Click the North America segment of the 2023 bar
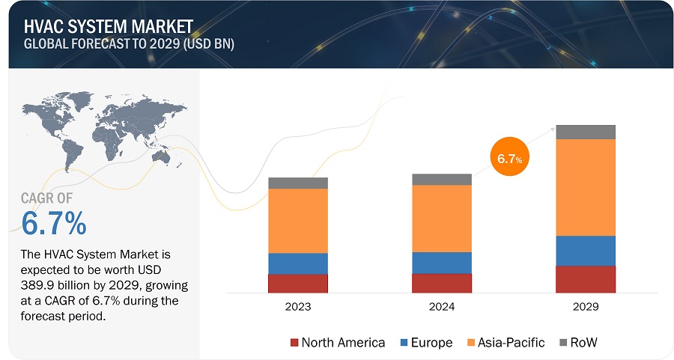[x=297, y=283]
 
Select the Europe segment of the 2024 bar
[x=441, y=263]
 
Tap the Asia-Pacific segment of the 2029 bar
[x=585, y=187]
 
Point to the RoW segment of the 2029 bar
[x=585, y=132]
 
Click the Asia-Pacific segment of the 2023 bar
[x=297, y=221]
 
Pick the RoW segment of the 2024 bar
[x=441, y=179]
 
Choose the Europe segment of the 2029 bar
[x=585, y=251]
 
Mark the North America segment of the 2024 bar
[x=441, y=283]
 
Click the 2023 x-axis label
[x=297, y=307]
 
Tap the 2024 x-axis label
[x=441, y=307]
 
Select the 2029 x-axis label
[x=585, y=307]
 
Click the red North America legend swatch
[x=294, y=343]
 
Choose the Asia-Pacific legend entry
[x=506, y=343]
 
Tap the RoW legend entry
[x=579, y=343]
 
